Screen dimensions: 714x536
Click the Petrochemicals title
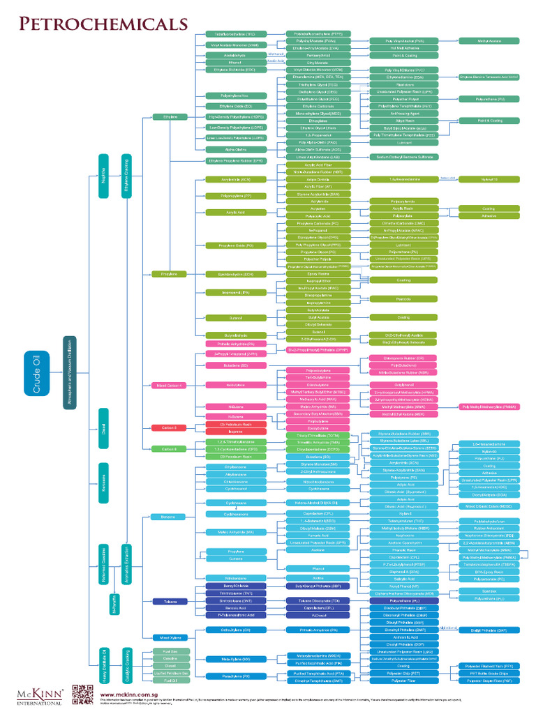click(100, 24)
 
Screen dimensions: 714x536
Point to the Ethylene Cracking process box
click(126, 170)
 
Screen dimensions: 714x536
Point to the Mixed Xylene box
click(168, 637)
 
